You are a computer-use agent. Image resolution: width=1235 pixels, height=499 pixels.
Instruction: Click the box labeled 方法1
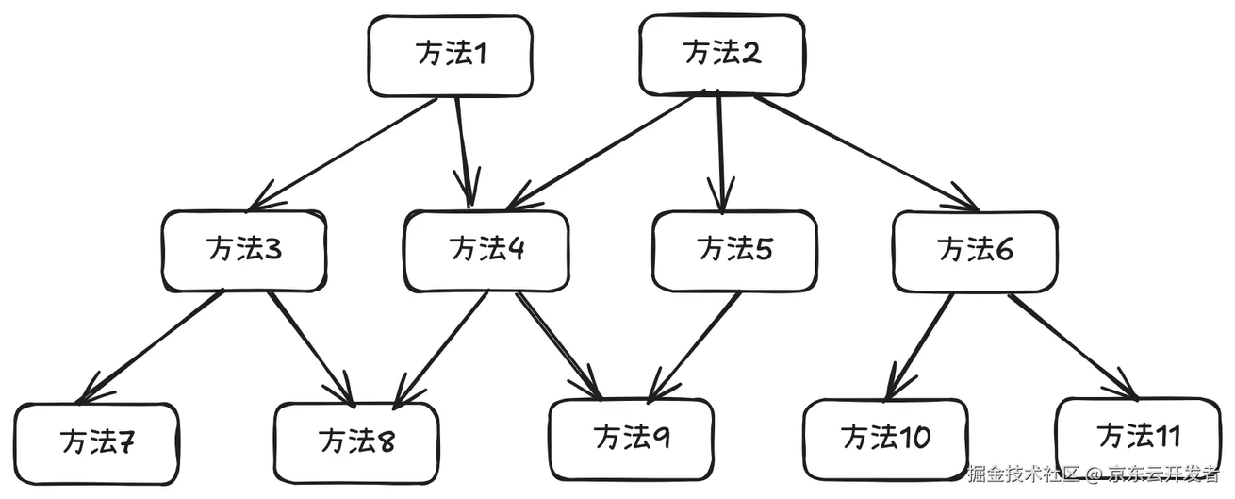tap(451, 56)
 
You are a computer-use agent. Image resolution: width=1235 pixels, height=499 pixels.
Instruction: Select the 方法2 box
tap(722, 55)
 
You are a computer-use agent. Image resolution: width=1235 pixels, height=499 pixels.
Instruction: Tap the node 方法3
tap(244, 250)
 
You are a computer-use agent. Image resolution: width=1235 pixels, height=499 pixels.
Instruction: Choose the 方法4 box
tap(486, 251)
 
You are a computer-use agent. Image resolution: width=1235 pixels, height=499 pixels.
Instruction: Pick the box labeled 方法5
tap(734, 251)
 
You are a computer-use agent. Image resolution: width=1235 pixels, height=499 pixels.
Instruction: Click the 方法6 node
tap(976, 252)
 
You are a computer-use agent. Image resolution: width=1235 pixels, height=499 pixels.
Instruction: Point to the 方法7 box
tap(96, 444)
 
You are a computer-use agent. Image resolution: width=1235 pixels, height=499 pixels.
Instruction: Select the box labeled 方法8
tap(356, 443)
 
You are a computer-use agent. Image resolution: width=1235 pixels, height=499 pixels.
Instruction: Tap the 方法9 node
tap(632, 440)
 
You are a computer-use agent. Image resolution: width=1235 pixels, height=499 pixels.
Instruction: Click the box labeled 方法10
tap(886, 440)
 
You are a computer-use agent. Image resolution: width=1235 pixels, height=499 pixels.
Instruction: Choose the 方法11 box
tap(1139, 439)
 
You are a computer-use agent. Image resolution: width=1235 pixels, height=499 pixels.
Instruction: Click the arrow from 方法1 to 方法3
tap(343, 155)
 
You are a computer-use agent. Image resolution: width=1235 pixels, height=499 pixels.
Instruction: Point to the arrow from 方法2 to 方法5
tap(720, 152)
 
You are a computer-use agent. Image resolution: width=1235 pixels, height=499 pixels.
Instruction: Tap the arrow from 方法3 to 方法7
tap(151, 347)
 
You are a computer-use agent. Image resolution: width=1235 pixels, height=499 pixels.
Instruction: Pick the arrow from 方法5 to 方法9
tap(695, 346)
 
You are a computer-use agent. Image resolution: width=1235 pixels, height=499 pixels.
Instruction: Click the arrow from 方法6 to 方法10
tap(919, 346)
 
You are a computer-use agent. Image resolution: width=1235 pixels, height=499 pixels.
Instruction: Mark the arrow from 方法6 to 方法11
tap(1074, 347)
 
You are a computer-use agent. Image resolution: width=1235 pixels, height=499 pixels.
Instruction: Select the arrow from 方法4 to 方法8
tap(441, 350)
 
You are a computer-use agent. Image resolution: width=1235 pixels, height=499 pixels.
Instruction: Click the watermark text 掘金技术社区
tap(1023, 474)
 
